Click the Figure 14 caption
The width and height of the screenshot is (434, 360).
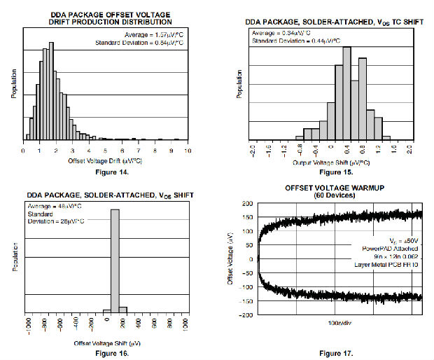106,169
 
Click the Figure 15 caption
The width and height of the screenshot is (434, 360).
335,172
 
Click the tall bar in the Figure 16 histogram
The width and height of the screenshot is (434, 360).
115,260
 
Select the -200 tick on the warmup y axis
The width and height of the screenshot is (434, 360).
246,315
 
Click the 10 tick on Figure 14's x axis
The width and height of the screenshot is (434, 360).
188,151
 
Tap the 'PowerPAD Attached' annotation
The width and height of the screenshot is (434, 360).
390,247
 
